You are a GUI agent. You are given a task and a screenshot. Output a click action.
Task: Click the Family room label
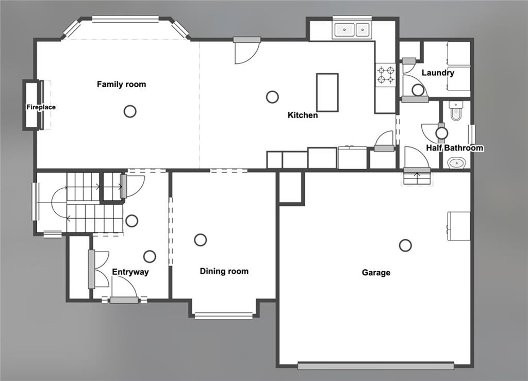coord(121,84)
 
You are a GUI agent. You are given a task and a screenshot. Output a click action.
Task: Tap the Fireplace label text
coord(41,107)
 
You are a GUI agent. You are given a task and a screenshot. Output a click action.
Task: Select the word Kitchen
coord(303,115)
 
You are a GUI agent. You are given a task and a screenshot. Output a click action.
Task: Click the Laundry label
coord(438,73)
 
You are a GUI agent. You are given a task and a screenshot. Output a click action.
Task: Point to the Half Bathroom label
coord(454,148)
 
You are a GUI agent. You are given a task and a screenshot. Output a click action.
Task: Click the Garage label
coord(376,273)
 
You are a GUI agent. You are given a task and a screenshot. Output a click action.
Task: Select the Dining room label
coord(224,271)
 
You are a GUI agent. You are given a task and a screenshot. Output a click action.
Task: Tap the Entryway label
coord(130,272)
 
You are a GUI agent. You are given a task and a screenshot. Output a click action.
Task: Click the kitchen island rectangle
coord(327,92)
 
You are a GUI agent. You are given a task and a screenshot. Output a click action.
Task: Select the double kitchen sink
coord(352,30)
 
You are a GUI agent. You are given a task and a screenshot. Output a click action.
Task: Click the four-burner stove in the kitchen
coord(385,74)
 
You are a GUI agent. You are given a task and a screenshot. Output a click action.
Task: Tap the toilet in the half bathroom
coord(456,111)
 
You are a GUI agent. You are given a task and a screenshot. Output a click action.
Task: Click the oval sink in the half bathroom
coord(456,163)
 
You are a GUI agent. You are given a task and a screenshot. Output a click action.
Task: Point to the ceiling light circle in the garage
coord(405,245)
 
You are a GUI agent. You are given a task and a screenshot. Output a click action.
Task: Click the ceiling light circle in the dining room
coord(200,240)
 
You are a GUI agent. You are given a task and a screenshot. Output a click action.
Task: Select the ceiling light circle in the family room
coord(130,111)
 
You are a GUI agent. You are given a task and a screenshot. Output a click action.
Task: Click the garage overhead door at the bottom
coord(375,366)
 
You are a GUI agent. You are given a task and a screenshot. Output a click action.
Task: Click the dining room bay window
coord(224,316)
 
